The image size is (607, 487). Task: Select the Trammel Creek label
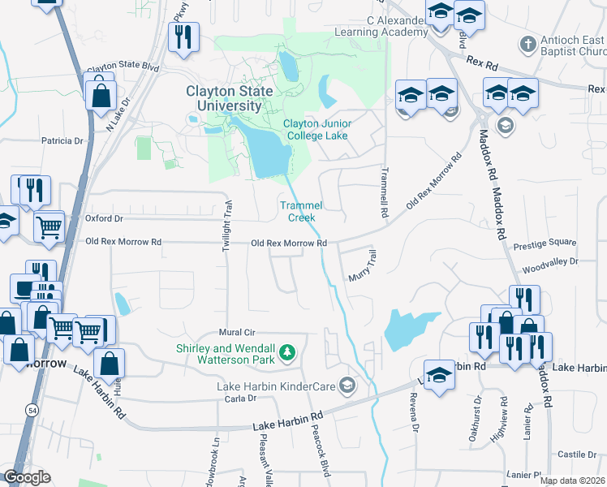297,211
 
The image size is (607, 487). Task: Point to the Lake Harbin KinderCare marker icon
348,384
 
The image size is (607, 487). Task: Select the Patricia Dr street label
62,140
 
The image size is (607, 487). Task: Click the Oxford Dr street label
104,218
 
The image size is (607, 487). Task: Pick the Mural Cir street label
238,333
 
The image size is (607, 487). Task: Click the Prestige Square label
549,242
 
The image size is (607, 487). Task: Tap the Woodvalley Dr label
550,262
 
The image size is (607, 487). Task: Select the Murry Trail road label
364,266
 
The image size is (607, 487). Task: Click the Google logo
27,477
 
